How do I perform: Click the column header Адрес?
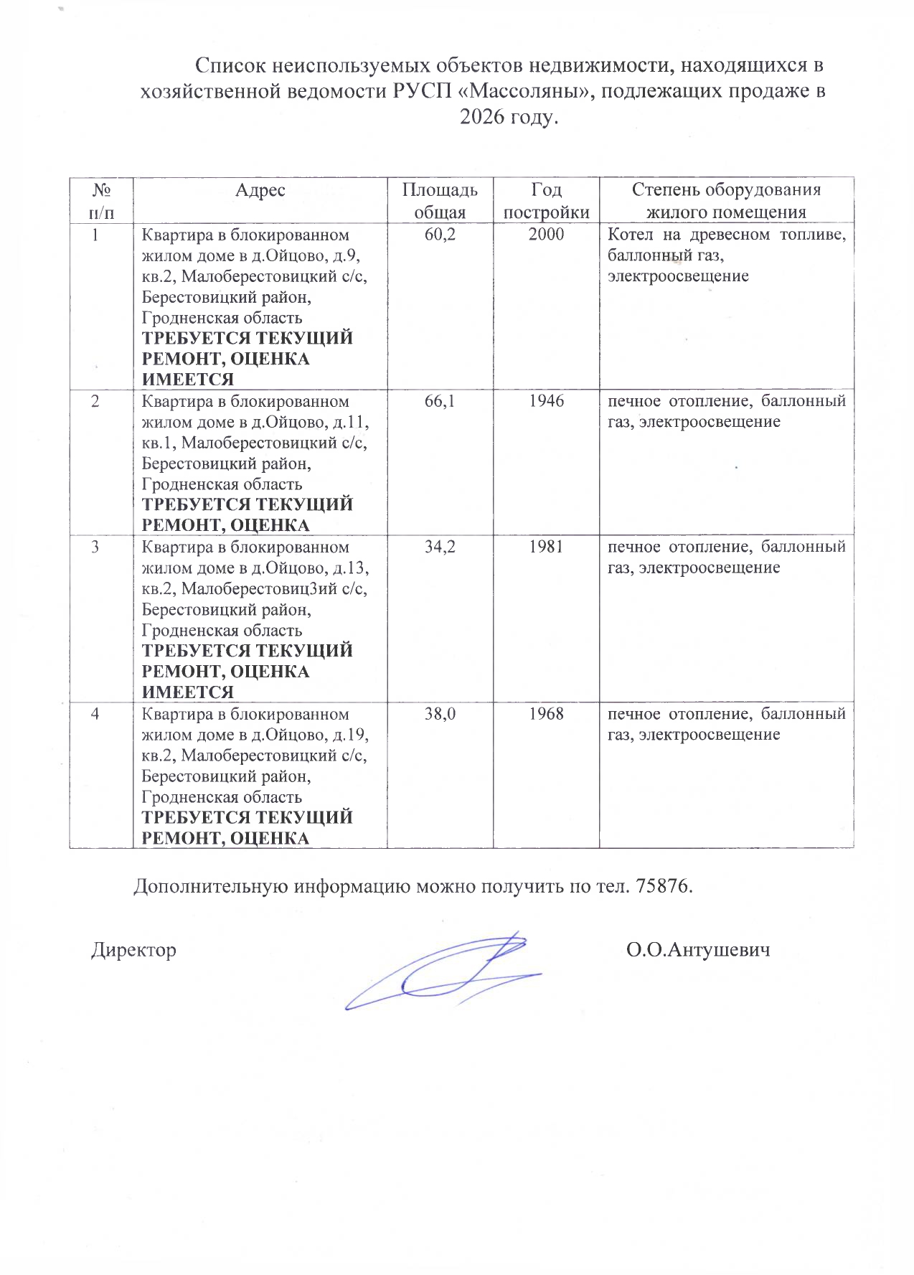click(260, 190)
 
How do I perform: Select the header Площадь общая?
click(440, 201)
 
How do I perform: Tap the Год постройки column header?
click(546, 201)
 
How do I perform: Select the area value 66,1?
click(440, 401)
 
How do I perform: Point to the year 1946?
click(546, 401)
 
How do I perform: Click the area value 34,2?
click(440, 547)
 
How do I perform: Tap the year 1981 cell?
click(546, 547)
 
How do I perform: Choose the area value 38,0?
click(440, 715)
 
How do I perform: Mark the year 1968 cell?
click(546, 715)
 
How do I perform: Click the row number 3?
click(95, 547)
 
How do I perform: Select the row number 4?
click(95, 715)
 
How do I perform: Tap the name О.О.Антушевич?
click(698, 951)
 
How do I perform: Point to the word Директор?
click(133, 951)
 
